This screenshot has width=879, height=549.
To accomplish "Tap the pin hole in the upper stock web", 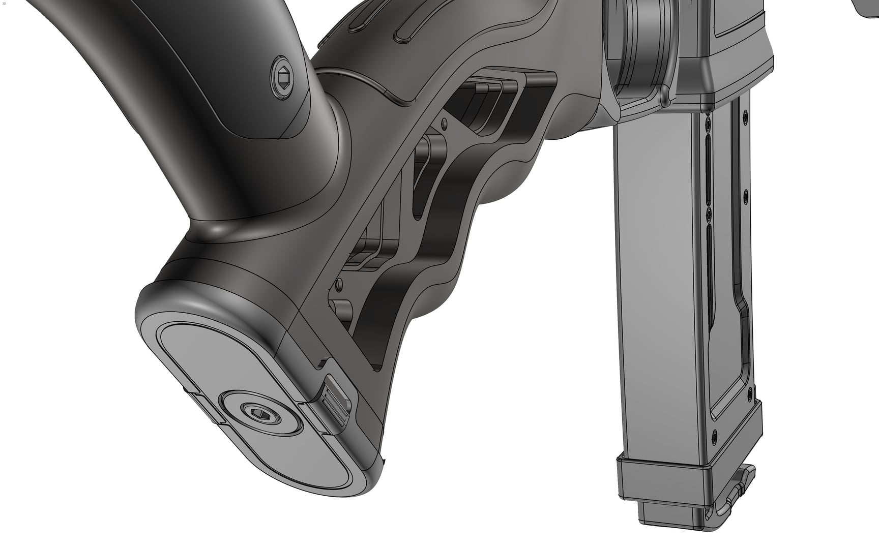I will [x=444, y=123].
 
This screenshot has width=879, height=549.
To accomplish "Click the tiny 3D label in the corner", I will [x=4, y=3].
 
